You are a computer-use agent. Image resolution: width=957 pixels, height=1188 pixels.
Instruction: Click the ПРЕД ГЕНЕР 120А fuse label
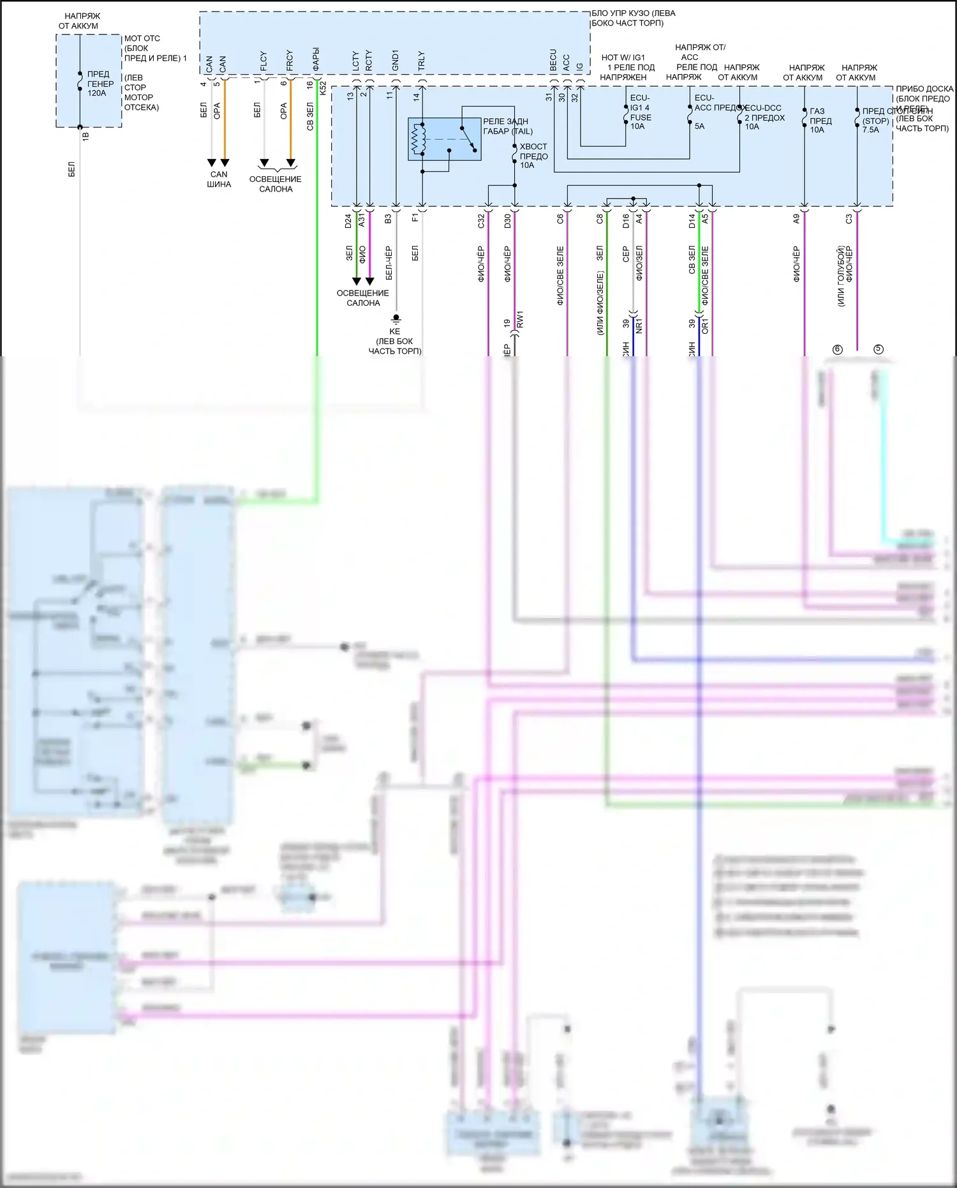tap(100, 84)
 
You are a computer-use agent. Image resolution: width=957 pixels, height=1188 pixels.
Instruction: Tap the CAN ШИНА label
tap(219, 179)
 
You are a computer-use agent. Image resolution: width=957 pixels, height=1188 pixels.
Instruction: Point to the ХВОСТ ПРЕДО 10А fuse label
tap(533, 156)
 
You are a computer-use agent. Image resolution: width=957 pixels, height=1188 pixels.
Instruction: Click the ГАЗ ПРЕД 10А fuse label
tap(820, 121)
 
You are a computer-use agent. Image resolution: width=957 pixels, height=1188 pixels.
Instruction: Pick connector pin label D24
tap(348, 221)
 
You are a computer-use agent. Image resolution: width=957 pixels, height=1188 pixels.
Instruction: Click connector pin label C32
tap(481, 221)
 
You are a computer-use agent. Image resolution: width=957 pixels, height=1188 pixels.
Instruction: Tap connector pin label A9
tap(796, 218)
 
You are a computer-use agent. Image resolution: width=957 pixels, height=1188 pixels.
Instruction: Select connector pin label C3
tap(849, 218)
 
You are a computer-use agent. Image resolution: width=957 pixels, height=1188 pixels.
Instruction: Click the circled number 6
tap(838, 349)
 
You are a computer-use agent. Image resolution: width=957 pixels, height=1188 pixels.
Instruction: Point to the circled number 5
tap(879, 349)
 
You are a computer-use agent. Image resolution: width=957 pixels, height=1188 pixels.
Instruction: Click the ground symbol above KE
tap(396, 318)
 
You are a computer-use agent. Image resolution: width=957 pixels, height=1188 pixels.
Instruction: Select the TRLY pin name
tap(421, 61)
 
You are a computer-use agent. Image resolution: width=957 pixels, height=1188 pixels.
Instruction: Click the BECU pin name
tap(553, 60)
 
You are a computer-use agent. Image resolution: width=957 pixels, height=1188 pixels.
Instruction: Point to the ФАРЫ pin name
tap(316, 59)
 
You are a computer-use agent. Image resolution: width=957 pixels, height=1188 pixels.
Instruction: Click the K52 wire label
tap(323, 89)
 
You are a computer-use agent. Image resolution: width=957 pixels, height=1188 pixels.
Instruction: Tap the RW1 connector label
tap(520, 320)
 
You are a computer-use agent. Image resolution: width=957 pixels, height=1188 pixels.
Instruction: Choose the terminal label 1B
tap(86, 136)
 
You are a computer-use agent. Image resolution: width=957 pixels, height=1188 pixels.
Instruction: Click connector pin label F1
tap(415, 218)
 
